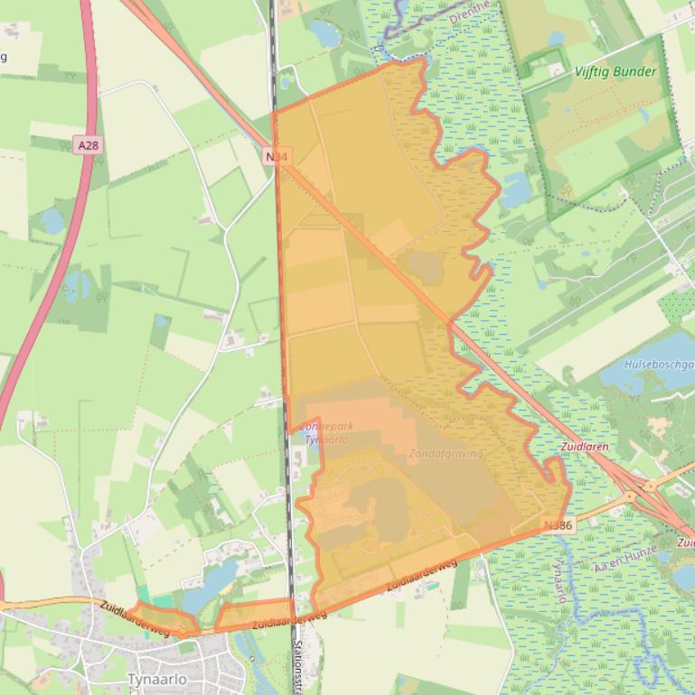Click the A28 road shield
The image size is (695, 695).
click(x=87, y=144)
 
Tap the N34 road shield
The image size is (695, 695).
click(x=277, y=157)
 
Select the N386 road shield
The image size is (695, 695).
click(x=559, y=524)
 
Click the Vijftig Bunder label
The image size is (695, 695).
click(x=615, y=71)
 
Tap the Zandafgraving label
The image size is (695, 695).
click(x=446, y=453)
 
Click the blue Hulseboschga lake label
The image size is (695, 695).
click(x=659, y=366)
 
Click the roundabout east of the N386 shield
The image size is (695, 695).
click(x=630, y=496)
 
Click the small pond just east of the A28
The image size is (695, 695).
click(x=52, y=219)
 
